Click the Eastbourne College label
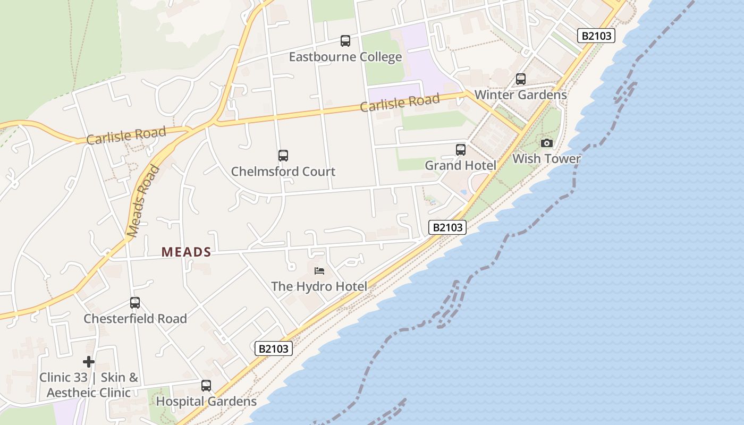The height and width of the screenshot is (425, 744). [x=345, y=57]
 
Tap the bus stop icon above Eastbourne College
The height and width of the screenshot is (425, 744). [x=345, y=40]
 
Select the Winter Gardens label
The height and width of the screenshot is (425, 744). [x=520, y=95]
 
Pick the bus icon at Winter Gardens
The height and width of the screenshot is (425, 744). [x=521, y=79]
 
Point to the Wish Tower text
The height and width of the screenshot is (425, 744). [x=546, y=158]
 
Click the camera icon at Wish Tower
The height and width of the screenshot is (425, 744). [x=546, y=143]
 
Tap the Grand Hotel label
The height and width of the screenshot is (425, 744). [x=460, y=165]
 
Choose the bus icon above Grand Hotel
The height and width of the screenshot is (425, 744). [x=461, y=150]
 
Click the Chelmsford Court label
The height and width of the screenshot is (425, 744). [x=283, y=172]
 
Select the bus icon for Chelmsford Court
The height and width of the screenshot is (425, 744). [x=283, y=155]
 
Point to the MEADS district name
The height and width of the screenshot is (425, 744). [x=187, y=252]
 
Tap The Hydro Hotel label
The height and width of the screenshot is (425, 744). [x=319, y=286]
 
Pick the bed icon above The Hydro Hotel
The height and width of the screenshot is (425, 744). [x=319, y=271]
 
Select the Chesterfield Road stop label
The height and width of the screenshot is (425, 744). [x=135, y=319]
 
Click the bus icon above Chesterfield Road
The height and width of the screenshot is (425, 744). [x=135, y=303]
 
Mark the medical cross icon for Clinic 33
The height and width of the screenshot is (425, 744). [x=89, y=362]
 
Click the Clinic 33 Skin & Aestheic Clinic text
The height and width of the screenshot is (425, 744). [x=89, y=385]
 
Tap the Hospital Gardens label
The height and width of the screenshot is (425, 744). [x=206, y=401]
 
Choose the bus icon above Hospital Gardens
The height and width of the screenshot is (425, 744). [x=206, y=386]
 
